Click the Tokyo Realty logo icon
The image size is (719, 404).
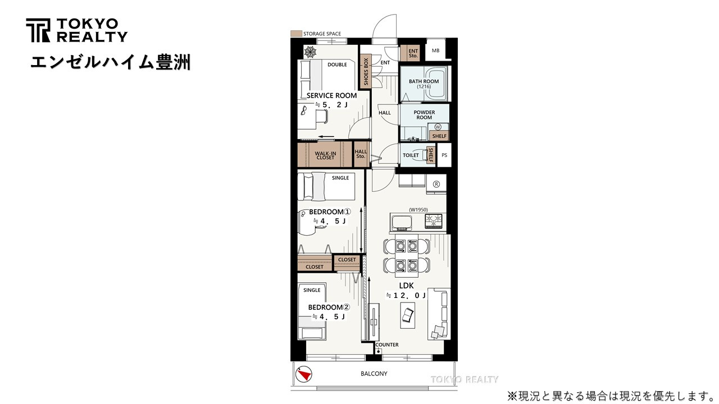38,30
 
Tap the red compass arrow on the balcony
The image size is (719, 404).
304,374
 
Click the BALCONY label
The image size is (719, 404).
374,374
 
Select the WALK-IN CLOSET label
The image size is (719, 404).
325,155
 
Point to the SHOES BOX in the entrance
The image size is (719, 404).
366,71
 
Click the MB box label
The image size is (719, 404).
435,51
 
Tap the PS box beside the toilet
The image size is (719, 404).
444,155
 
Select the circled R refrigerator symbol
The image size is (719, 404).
436,183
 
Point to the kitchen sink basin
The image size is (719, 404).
402,222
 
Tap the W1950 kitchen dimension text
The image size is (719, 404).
418,210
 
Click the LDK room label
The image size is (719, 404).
406,286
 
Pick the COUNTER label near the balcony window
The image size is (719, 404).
386,345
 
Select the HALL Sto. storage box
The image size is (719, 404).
361,153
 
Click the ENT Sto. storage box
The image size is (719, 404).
413,53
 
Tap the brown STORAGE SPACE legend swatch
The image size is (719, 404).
295,34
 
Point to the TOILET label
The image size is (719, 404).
411,155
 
